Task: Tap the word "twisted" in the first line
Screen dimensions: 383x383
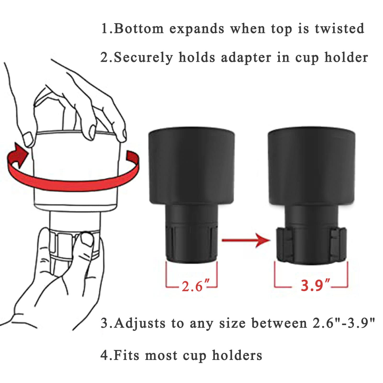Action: point(339,28)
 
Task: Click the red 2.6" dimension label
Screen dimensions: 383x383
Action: point(196,286)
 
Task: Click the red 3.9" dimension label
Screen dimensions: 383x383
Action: point(316,285)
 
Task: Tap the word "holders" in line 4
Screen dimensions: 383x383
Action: point(237,355)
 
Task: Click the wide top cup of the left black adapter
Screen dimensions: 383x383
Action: point(192,166)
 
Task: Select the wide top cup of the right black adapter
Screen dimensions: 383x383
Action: point(312,166)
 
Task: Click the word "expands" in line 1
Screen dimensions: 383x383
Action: point(197,29)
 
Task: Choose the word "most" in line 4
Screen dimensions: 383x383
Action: point(161,356)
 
